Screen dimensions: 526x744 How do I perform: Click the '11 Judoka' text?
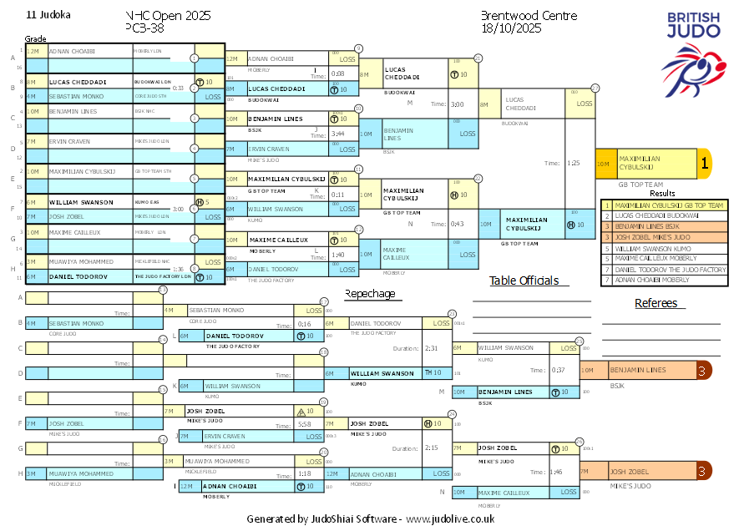coord(48,15)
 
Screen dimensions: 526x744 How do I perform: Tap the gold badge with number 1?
coord(704,164)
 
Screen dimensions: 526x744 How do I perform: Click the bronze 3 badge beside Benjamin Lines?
coord(704,370)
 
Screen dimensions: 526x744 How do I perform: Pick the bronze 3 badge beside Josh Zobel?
coord(704,472)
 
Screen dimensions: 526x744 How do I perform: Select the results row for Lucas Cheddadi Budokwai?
coord(665,215)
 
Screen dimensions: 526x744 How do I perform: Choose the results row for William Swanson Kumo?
coord(665,248)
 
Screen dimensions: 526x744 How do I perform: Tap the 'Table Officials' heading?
coord(524,281)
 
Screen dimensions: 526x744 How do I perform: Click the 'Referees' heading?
coord(655,303)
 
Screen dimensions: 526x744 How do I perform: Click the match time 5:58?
coord(304,424)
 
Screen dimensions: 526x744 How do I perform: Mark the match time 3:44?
coord(337,134)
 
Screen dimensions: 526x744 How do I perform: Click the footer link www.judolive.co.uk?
coord(450,518)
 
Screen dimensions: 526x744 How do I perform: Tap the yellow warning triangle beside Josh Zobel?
coord(301,411)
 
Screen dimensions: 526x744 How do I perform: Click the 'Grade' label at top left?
coord(35,38)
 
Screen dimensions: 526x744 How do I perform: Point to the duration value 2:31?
coord(431,348)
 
